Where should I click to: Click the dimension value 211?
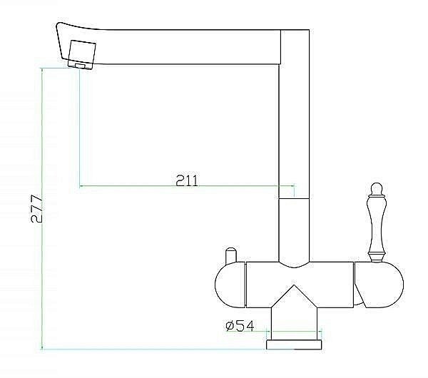[x=186, y=180]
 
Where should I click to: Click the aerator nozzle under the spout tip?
[x=78, y=66]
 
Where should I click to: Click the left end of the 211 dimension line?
[x=79, y=187]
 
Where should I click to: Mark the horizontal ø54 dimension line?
[x=294, y=332]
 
